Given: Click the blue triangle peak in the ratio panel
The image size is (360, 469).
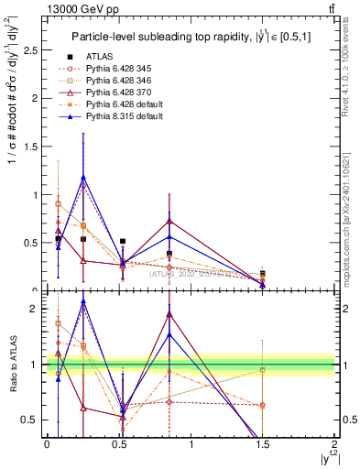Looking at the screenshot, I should [x=83, y=301].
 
